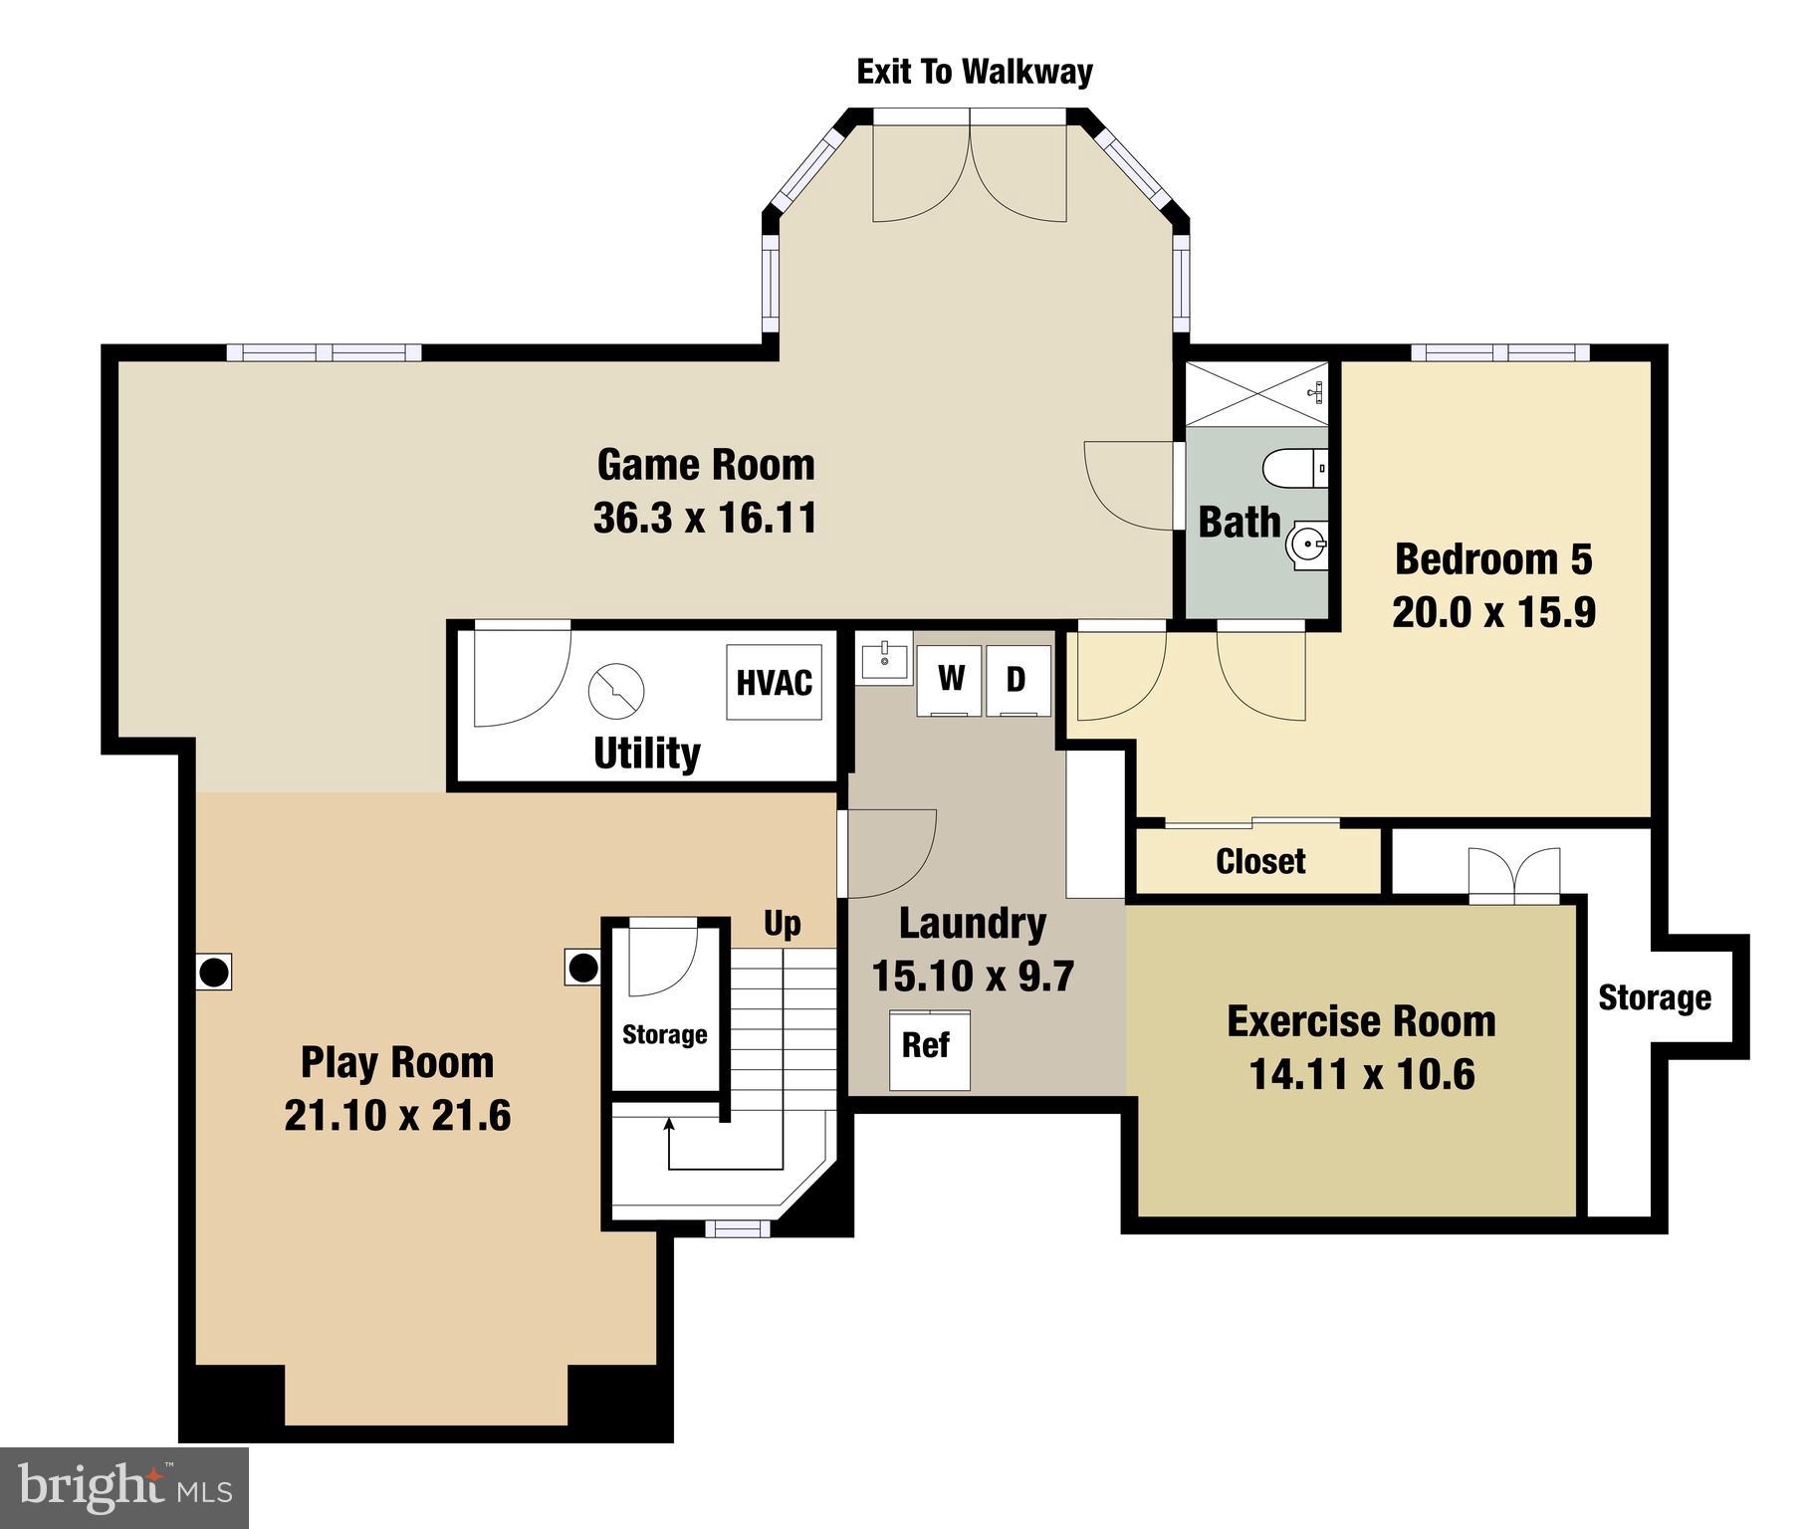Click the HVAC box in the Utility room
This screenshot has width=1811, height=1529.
[x=774, y=683]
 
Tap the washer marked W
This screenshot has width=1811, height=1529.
[x=949, y=680]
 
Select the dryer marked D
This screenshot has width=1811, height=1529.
[x=1018, y=680]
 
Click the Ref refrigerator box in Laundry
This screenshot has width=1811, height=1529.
[x=928, y=1049]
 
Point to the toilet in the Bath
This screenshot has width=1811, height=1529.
[x=1293, y=468]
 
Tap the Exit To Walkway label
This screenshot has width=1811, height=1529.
[x=974, y=72]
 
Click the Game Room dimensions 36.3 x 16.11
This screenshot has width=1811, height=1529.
[x=705, y=519]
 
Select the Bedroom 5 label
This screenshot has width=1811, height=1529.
[x=1492, y=559]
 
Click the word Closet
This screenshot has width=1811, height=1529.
[x=1259, y=861]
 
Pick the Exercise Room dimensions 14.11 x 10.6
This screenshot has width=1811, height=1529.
[x=1361, y=1075]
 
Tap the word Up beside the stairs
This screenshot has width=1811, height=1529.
[x=782, y=924]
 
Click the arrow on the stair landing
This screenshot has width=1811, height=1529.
[x=669, y=1127]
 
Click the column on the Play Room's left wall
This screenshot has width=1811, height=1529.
[x=214, y=971]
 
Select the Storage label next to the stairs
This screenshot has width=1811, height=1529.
[x=664, y=1035]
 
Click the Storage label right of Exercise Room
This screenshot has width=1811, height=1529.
[x=1654, y=997]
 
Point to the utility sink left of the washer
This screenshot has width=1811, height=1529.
[x=883, y=657]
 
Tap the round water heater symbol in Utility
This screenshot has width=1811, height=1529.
[x=616, y=690]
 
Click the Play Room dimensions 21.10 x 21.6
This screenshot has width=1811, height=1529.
[x=397, y=1116]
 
